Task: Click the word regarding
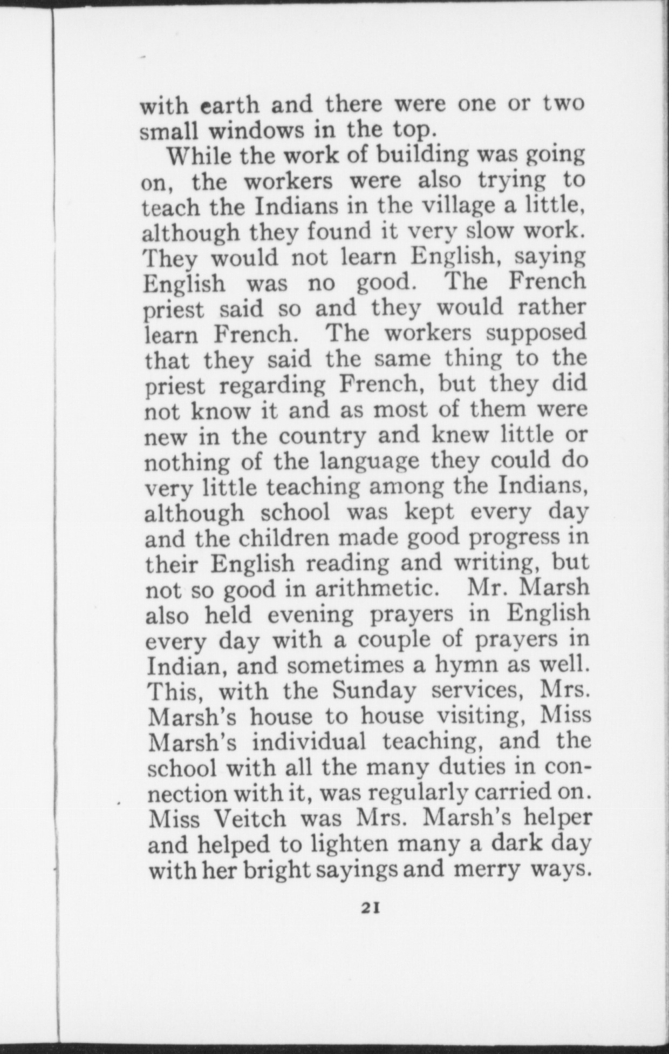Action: (x=273, y=386)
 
